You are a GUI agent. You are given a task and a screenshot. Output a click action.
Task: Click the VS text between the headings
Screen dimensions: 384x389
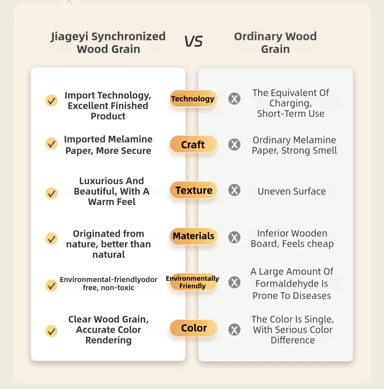(194, 41)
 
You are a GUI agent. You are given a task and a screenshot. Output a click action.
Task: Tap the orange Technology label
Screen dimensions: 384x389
(193, 99)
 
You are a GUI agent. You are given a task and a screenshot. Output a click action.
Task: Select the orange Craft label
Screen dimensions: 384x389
(193, 145)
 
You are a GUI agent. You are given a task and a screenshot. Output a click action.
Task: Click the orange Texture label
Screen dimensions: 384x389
(194, 190)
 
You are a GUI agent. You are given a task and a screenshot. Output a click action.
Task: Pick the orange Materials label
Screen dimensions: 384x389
(193, 236)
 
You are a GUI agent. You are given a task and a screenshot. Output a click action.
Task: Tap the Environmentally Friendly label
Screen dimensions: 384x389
(193, 282)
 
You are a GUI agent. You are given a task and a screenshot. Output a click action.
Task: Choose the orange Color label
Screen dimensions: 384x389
(194, 328)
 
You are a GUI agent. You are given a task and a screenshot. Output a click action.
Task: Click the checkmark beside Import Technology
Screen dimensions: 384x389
(52, 100)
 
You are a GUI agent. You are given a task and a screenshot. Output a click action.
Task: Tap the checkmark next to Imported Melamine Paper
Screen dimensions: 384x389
(52, 144)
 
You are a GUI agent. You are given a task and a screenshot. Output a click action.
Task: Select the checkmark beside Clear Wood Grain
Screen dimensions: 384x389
(52, 331)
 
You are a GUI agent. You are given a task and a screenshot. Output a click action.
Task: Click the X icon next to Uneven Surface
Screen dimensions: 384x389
(234, 191)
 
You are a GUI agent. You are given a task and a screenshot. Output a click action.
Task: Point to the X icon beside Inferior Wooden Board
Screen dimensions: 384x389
(234, 237)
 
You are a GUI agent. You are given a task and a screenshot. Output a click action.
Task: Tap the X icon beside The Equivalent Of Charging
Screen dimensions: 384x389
(234, 99)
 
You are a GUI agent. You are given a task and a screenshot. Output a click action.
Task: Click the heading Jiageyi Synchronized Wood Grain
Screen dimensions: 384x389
(108, 43)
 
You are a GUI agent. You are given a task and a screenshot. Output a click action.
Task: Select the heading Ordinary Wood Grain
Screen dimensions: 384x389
(275, 43)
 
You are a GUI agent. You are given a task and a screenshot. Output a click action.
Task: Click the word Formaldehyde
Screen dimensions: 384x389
(292, 283)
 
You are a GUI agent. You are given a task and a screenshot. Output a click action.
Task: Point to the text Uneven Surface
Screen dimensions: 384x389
(292, 191)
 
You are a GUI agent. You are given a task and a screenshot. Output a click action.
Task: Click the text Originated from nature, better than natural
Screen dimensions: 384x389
(109, 244)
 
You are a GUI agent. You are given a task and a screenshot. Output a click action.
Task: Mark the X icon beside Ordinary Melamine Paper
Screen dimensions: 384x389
(234, 145)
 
